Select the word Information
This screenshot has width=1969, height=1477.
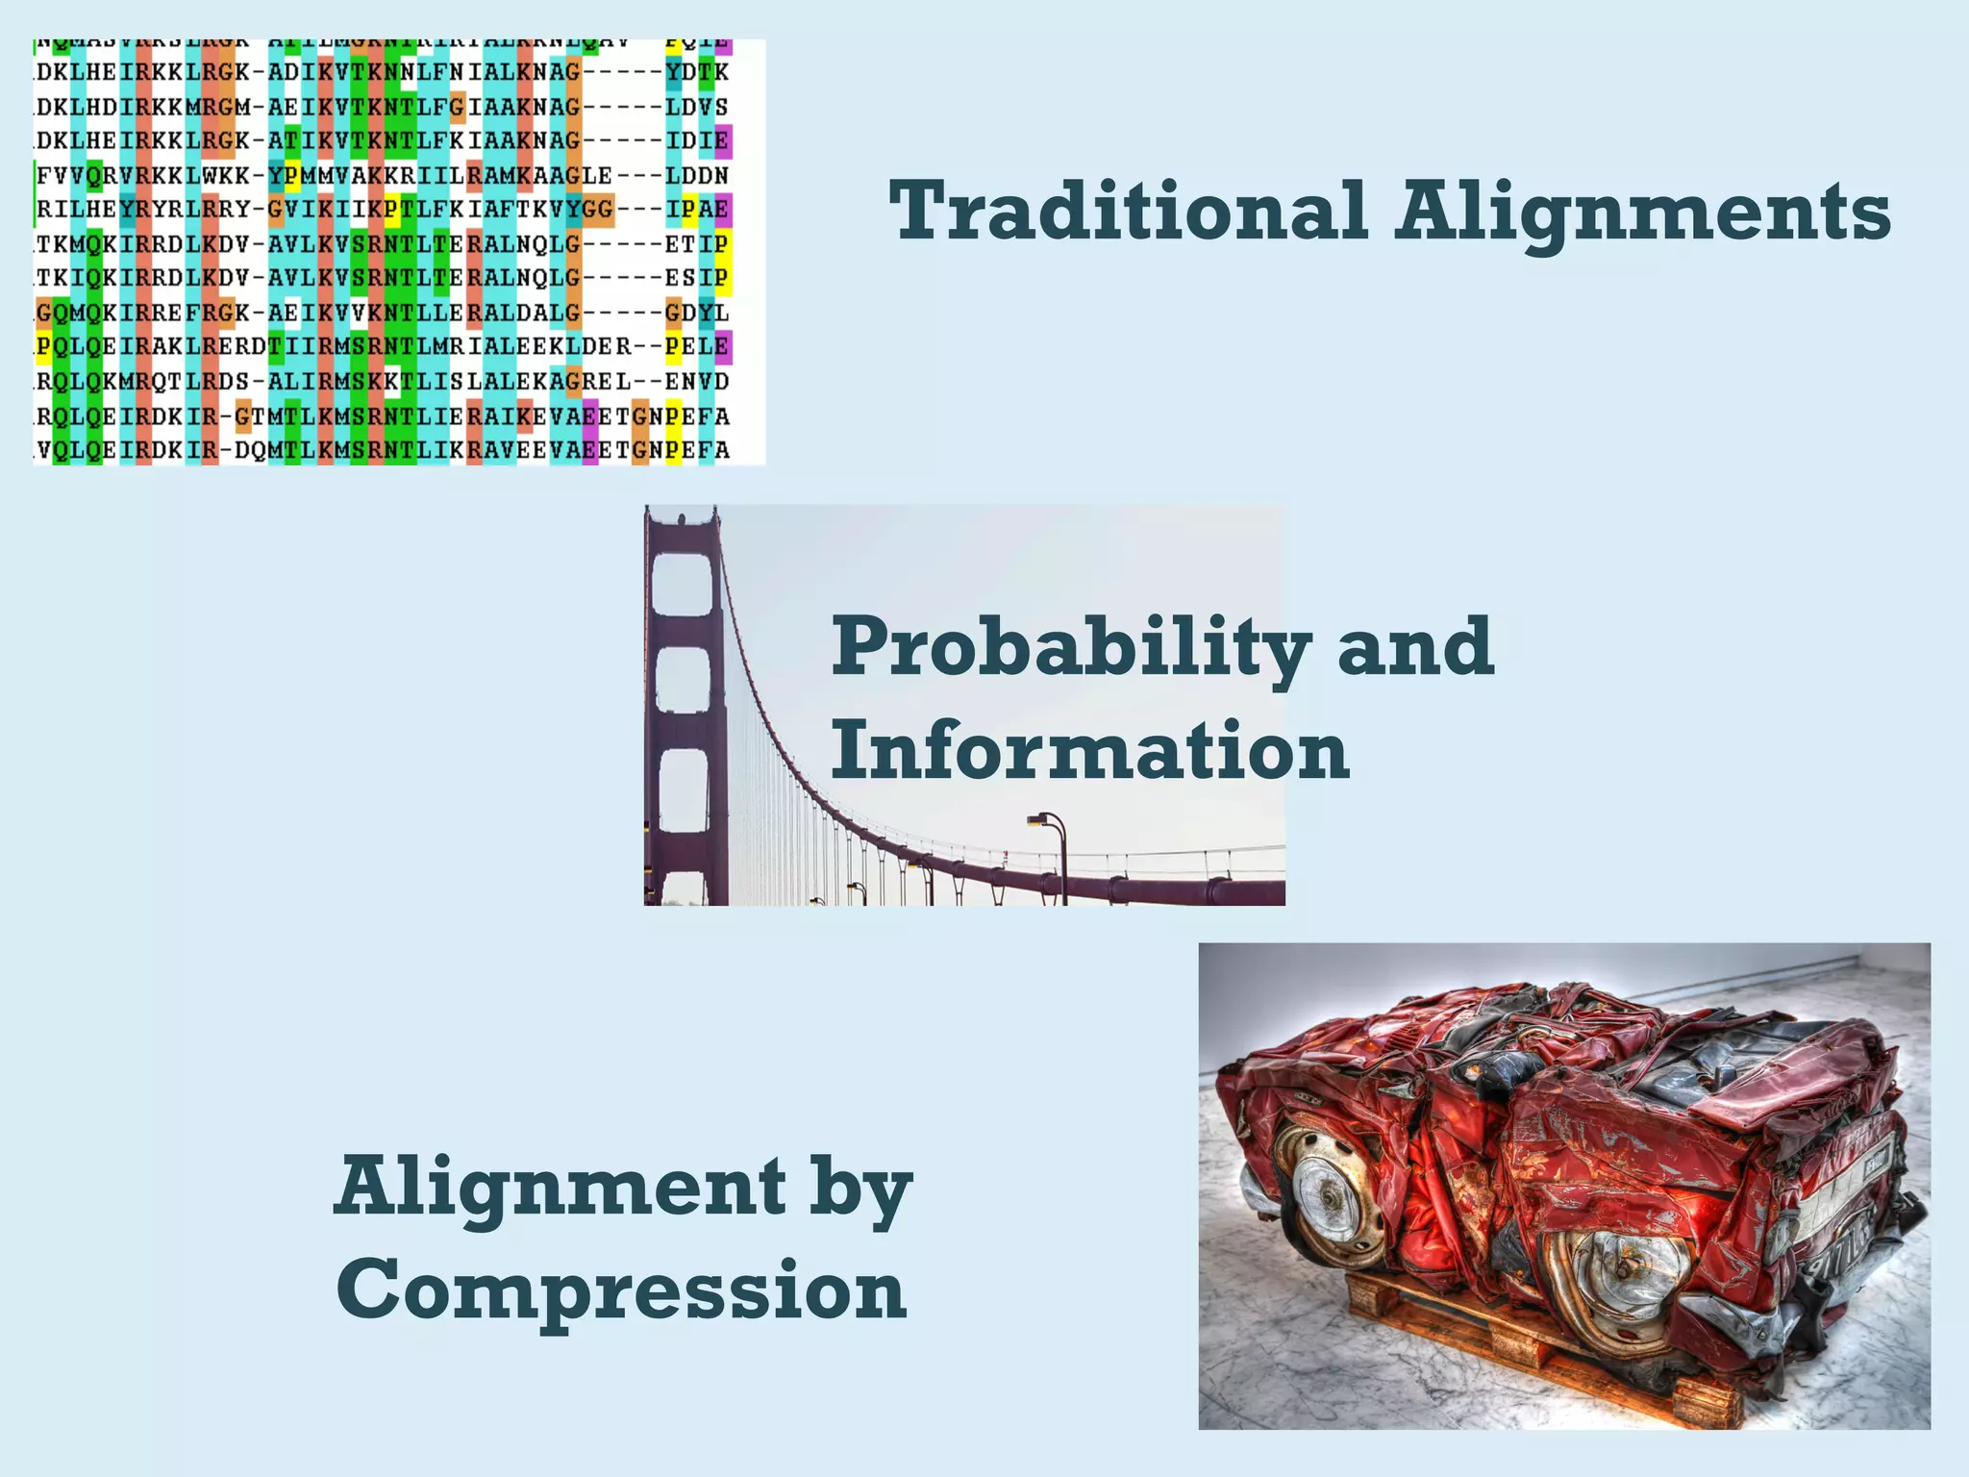pyautogui.click(x=1090, y=752)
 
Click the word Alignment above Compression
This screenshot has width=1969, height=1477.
pyautogui.click(x=560, y=1189)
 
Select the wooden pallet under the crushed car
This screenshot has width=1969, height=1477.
pyautogui.click(x=1519, y=1346)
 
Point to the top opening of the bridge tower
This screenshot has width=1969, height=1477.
pyautogui.click(x=683, y=582)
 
